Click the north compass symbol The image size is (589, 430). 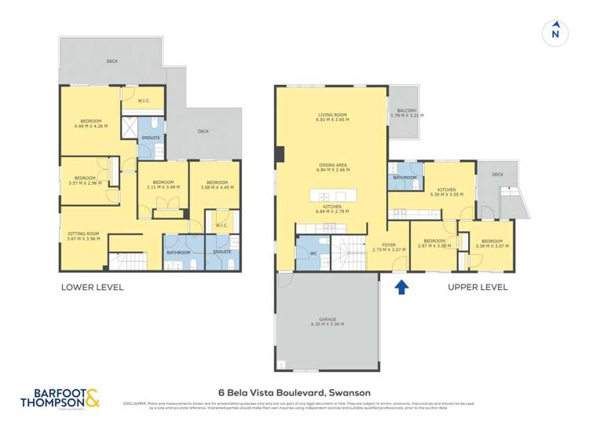[555, 31]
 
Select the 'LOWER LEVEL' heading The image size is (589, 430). [92, 287]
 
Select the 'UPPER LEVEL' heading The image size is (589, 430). [477, 287]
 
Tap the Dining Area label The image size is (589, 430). [331, 167]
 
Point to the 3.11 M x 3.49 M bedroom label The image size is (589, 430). [163, 184]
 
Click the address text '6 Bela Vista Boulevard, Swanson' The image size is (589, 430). [294, 392]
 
